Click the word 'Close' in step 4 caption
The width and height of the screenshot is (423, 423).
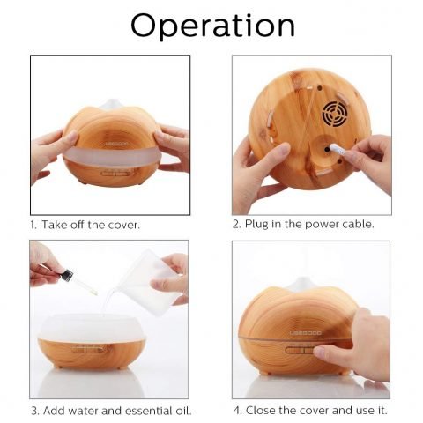pos(265,410)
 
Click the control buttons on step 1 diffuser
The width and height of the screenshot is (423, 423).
pos(110,174)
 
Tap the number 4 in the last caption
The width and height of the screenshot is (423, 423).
pos(237,410)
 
